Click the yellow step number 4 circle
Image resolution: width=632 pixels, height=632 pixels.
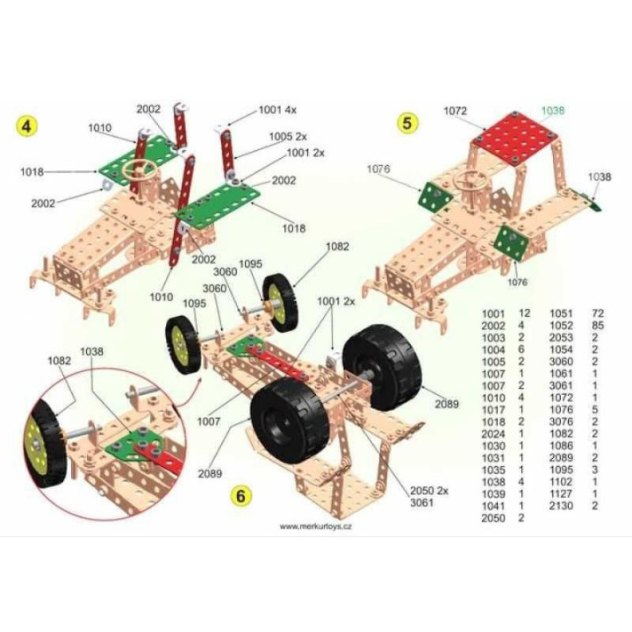pos(26,126)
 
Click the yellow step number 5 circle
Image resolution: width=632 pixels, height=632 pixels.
pos(407,123)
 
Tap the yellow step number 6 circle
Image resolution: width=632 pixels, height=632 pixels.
pos(241,495)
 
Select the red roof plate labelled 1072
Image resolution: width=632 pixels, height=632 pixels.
pos(515,139)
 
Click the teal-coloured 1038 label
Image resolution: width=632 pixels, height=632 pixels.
pos(553,110)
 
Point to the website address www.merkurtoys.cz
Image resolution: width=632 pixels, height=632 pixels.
pos(316,527)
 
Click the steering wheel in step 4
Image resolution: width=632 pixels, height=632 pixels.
pos(140,169)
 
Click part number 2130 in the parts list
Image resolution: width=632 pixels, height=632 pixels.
pos(561,506)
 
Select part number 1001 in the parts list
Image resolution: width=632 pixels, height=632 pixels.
pos(493,313)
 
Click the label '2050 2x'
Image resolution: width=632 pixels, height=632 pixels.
pos(429,491)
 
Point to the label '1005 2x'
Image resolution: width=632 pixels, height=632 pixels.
pos(288,137)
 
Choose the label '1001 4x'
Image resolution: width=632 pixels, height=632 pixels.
pos(277,110)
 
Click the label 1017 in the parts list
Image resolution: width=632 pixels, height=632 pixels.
pos(493,410)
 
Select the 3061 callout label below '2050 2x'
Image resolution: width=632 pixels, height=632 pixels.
pos(421,502)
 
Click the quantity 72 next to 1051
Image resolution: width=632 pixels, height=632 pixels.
pos(598,313)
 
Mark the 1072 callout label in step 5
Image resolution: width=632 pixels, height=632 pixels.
pos(455,111)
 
